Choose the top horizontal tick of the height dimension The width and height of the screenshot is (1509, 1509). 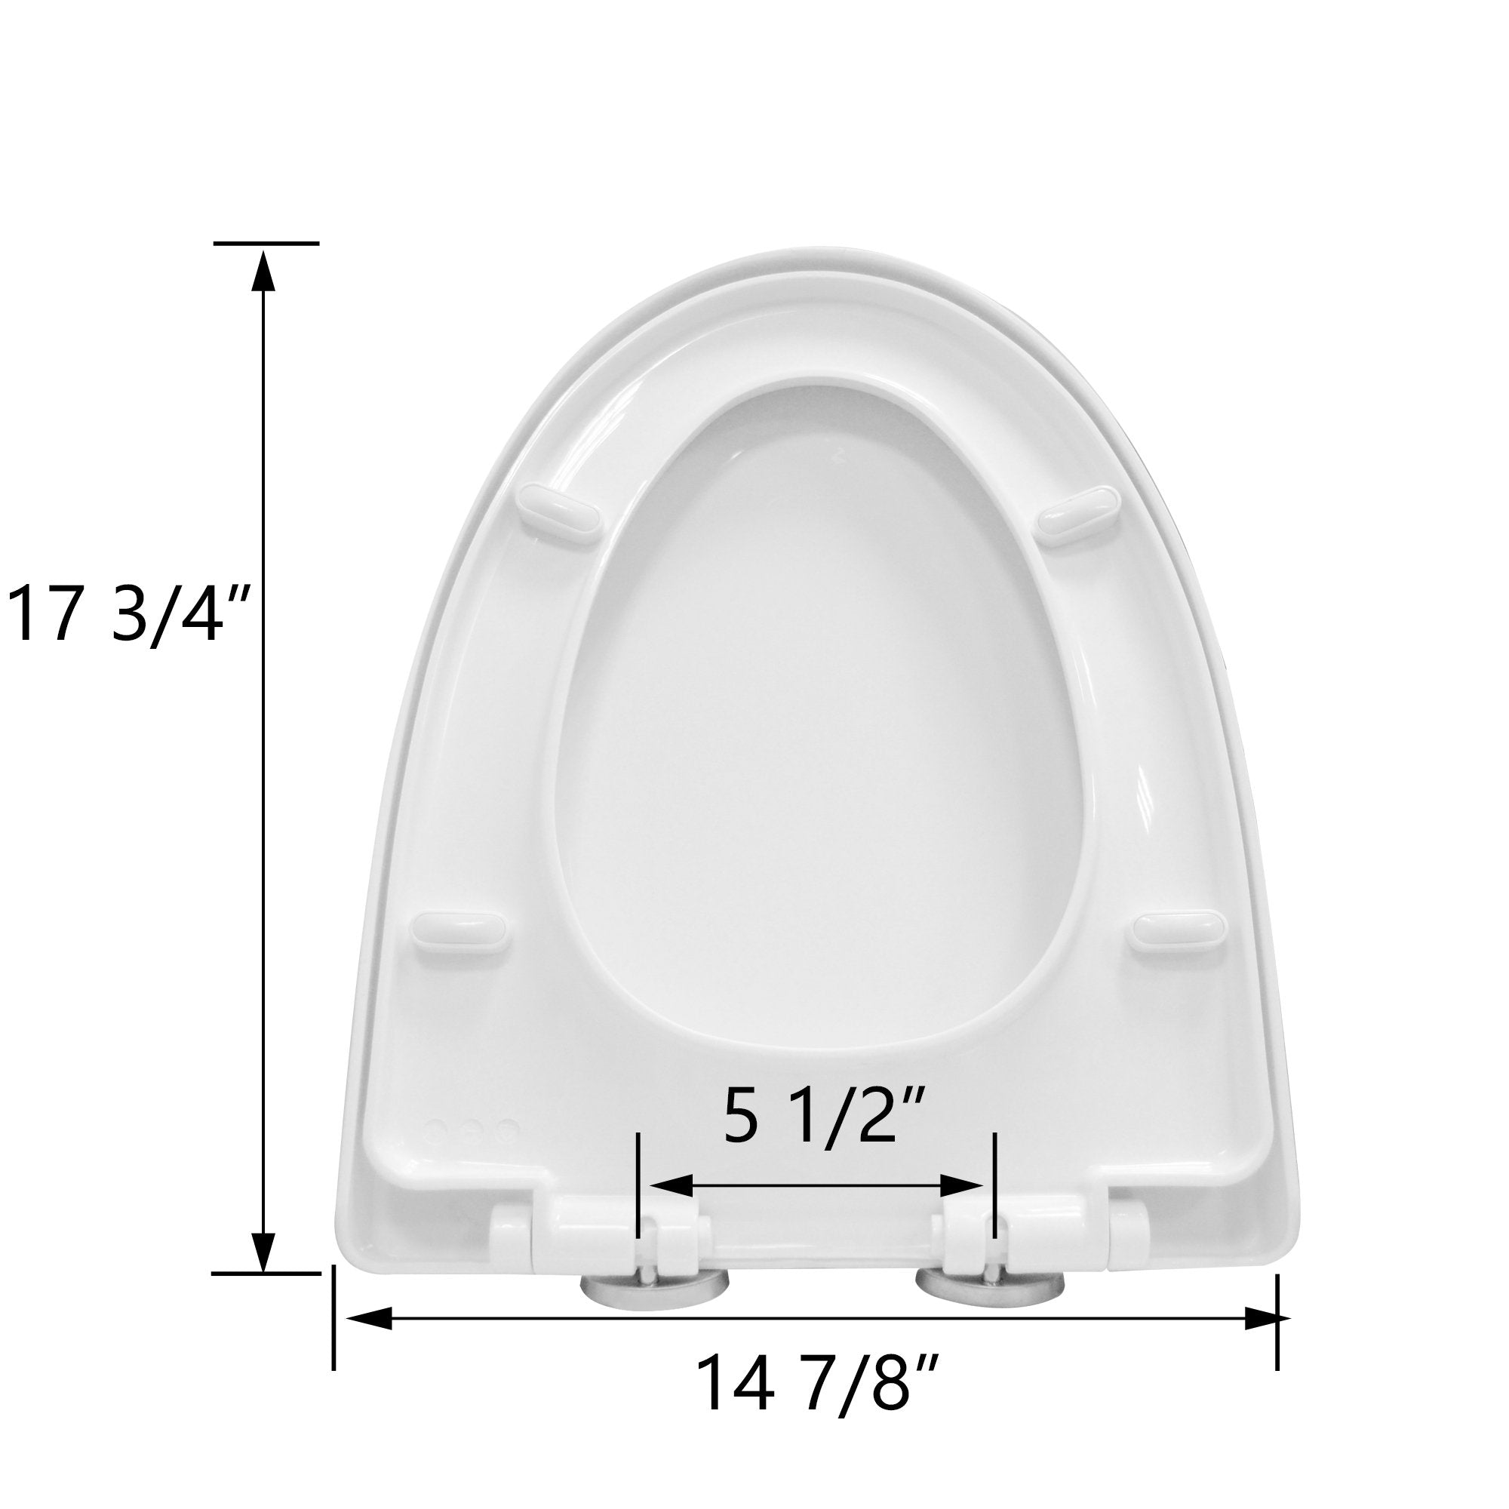tap(266, 244)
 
